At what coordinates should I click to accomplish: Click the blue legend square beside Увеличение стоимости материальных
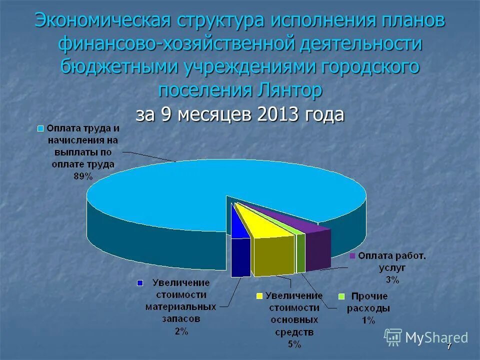140,283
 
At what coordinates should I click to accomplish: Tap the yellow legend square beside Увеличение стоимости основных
259,295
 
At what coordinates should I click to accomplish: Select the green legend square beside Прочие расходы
342,296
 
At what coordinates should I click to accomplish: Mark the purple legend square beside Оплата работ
352,256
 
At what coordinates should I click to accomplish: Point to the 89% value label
82,175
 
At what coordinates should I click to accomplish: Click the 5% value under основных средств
294,344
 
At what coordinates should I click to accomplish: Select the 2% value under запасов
181,331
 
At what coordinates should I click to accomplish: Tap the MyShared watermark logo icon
393,337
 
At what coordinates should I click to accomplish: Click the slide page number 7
449,346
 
